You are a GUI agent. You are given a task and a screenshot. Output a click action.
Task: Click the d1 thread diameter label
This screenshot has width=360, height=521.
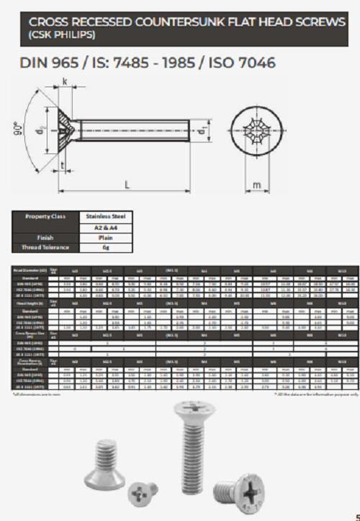[x=203, y=130]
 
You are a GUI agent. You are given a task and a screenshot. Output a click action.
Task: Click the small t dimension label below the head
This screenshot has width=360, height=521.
[x=64, y=166]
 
